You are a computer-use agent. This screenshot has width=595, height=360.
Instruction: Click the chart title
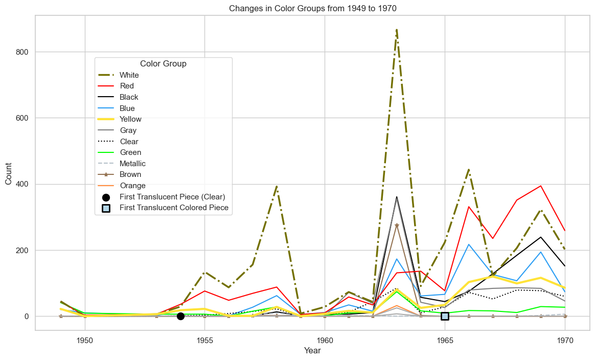point(312,8)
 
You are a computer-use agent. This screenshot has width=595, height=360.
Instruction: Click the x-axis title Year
point(312,351)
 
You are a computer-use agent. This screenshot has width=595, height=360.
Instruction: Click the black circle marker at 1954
point(180,316)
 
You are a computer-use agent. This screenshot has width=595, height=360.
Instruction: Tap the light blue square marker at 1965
point(445,316)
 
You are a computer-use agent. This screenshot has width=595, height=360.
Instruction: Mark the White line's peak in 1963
point(397,30)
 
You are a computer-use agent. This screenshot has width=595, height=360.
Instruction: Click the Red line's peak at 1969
point(541,186)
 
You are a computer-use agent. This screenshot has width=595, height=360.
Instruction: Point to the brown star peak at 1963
point(397,226)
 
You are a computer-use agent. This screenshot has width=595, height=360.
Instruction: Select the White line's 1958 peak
point(277,187)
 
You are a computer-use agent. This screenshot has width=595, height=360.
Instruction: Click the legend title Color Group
point(163,64)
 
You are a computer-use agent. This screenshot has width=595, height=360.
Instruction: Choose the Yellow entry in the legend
point(130,119)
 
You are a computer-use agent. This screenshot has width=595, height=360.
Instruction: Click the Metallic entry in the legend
point(132,164)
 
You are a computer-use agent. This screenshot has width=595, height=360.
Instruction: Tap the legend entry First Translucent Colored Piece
point(174,208)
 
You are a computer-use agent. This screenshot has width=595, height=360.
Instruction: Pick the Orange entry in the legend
point(132,186)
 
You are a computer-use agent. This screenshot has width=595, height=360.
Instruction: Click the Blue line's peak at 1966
point(469,244)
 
